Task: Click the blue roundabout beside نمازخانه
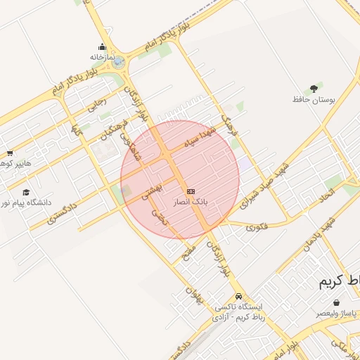117,62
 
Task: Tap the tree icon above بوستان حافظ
313,88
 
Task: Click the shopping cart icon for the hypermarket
10,153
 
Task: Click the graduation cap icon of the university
26,192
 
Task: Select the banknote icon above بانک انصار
191,191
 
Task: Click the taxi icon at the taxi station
240,297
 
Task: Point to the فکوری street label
257,226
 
